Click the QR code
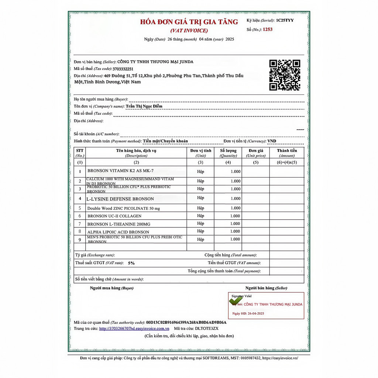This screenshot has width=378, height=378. point(285,75)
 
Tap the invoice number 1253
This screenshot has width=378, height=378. point(268,30)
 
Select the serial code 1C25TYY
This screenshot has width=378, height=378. point(285,21)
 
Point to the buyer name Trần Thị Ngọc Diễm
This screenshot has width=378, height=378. point(144,106)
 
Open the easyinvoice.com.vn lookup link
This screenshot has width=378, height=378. point(134,329)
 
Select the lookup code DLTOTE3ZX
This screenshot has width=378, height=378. point(207,329)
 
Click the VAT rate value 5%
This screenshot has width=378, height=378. point(131,263)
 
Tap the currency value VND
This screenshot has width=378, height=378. point(272,141)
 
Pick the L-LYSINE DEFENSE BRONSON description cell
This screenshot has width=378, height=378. point(120,199)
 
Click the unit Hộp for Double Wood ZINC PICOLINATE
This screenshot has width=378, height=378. point(200,208)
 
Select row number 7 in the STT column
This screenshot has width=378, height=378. point(80,224)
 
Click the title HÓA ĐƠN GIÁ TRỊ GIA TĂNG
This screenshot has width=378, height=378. point(189,22)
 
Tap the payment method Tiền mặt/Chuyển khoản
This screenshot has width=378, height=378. point(165,141)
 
